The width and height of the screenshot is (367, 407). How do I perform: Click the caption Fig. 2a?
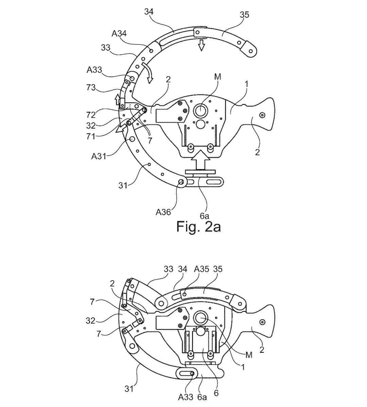click(x=198, y=227)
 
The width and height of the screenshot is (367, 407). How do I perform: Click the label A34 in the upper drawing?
click(x=119, y=33)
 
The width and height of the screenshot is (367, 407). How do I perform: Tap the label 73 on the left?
click(x=91, y=87)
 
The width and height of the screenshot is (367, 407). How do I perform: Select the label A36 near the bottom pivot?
click(x=163, y=212)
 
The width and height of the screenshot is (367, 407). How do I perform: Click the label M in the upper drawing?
click(x=217, y=77)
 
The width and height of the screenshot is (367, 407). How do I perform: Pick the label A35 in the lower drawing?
click(x=202, y=269)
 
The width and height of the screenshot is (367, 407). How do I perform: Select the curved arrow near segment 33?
click(x=148, y=73)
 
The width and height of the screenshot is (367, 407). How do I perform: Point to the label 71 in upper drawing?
click(x=91, y=136)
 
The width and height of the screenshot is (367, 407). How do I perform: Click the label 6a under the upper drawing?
click(x=204, y=216)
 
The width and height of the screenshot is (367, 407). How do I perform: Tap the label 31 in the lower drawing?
click(x=129, y=389)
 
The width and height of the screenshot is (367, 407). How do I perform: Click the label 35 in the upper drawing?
click(x=244, y=15)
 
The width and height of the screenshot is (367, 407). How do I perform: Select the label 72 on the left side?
click(x=91, y=114)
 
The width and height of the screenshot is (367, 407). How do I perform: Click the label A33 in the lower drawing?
click(x=186, y=397)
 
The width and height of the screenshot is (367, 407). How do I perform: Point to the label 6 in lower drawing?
click(x=216, y=393)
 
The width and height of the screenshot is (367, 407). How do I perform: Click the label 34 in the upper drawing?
click(x=149, y=12)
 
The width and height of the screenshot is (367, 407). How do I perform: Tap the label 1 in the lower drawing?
click(x=243, y=367)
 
